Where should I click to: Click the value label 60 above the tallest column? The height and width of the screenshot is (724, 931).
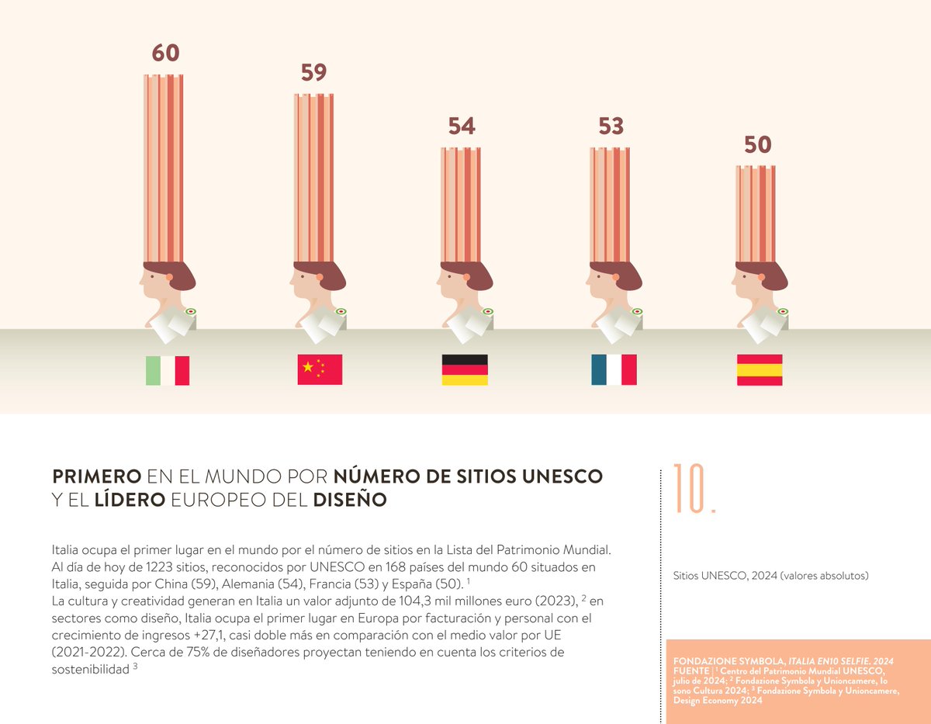(x=165, y=53)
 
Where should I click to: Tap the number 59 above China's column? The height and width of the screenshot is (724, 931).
(x=314, y=72)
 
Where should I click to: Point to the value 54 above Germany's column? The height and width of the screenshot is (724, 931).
(x=462, y=126)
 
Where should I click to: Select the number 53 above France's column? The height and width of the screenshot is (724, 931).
(x=611, y=126)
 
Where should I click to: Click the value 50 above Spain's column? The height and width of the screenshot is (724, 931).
(x=758, y=145)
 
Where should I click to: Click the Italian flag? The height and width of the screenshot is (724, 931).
(x=168, y=371)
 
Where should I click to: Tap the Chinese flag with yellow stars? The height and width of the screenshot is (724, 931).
(x=320, y=369)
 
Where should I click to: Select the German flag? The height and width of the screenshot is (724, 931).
(x=465, y=370)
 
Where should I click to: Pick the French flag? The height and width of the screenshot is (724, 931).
(x=614, y=370)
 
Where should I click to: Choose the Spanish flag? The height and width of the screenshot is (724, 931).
(x=760, y=370)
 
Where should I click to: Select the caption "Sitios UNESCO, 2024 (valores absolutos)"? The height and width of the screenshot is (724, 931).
(x=770, y=576)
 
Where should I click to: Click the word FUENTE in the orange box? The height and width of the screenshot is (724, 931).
(x=690, y=669)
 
